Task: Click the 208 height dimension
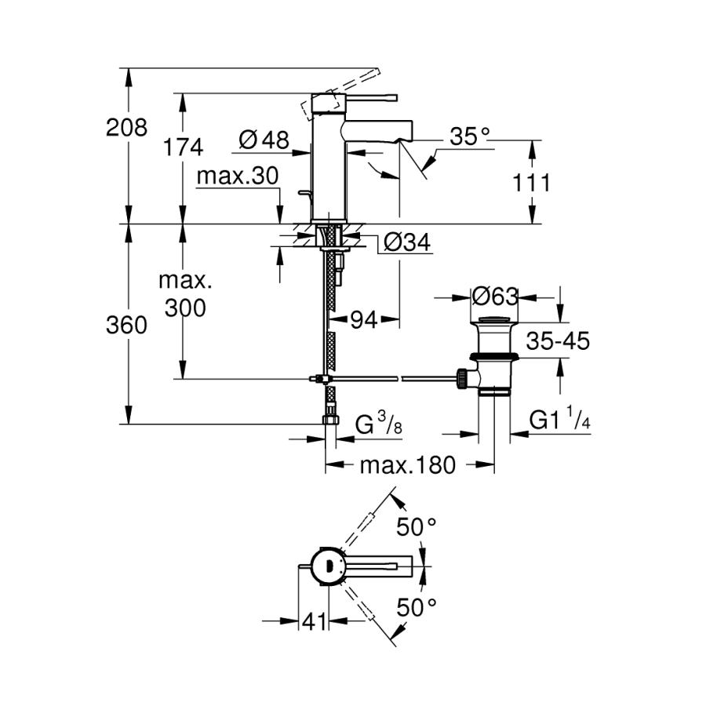(126, 127)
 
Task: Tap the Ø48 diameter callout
(264, 140)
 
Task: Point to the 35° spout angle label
(468, 137)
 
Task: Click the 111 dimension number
(533, 183)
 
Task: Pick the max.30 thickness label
(237, 177)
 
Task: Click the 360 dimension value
(126, 325)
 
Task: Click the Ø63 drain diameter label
(495, 297)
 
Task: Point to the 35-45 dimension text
(557, 341)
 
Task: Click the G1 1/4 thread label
(559, 421)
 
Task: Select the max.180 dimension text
(407, 465)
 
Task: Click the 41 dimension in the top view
(314, 622)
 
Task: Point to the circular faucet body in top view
(329, 565)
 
